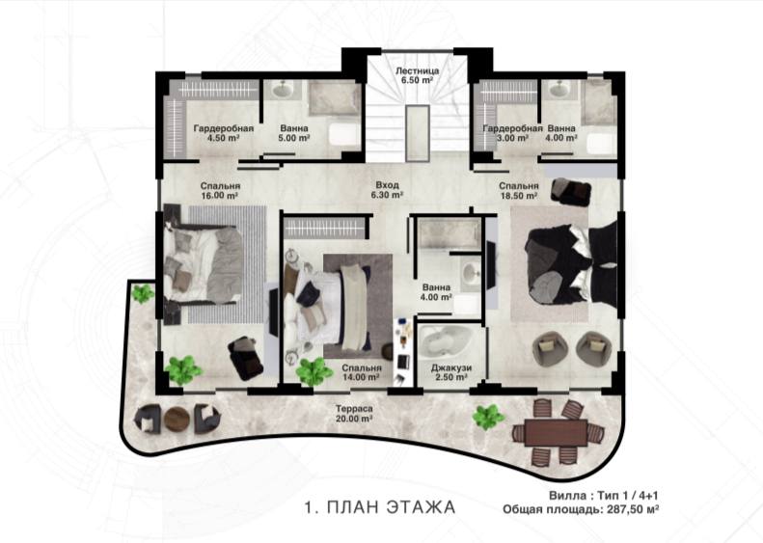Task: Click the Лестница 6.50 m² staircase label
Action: point(417,75)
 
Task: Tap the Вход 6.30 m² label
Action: point(388,190)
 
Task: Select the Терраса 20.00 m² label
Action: point(354,414)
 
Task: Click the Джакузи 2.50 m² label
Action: point(451,372)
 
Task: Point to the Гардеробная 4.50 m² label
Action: point(224,133)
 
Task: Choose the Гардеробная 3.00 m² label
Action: point(512,133)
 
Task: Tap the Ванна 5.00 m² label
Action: point(294,133)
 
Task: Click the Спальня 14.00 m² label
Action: point(361,372)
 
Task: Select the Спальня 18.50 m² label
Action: point(518,190)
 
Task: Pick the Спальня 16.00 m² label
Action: point(220,190)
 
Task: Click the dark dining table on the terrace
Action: point(557,432)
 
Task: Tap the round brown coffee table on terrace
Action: point(177,419)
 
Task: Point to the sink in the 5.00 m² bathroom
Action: point(281,89)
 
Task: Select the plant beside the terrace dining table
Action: point(487,417)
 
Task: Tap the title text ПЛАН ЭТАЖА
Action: point(392,507)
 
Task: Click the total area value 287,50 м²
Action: point(631,509)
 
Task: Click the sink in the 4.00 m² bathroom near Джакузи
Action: point(470,271)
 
